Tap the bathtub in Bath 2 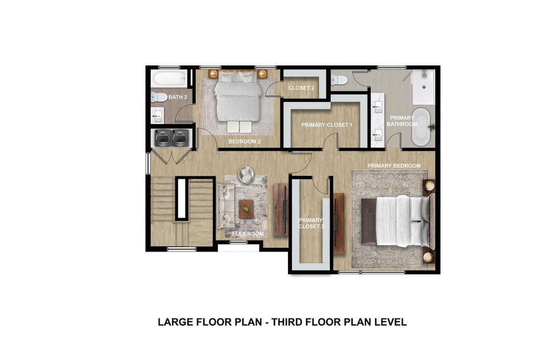[x=169, y=79]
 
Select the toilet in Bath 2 [x=158, y=97]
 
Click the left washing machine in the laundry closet [x=163, y=138]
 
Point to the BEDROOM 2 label [x=244, y=142]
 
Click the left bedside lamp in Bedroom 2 [x=213, y=74]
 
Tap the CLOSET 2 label [x=301, y=88]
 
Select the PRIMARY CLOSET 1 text [x=326, y=125]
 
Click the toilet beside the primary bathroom [x=339, y=80]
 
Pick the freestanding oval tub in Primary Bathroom [x=421, y=127]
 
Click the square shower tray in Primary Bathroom [x=424, y=87]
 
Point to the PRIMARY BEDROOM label [x=394, y=166]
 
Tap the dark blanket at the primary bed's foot [x=368, y=221]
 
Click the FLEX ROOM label [x=248, y=233]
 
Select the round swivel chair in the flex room [x=246, y=175]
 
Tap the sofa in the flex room [x=226, y=206]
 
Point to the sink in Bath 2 [x=157, y=115]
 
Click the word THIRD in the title [x=289, y=322]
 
